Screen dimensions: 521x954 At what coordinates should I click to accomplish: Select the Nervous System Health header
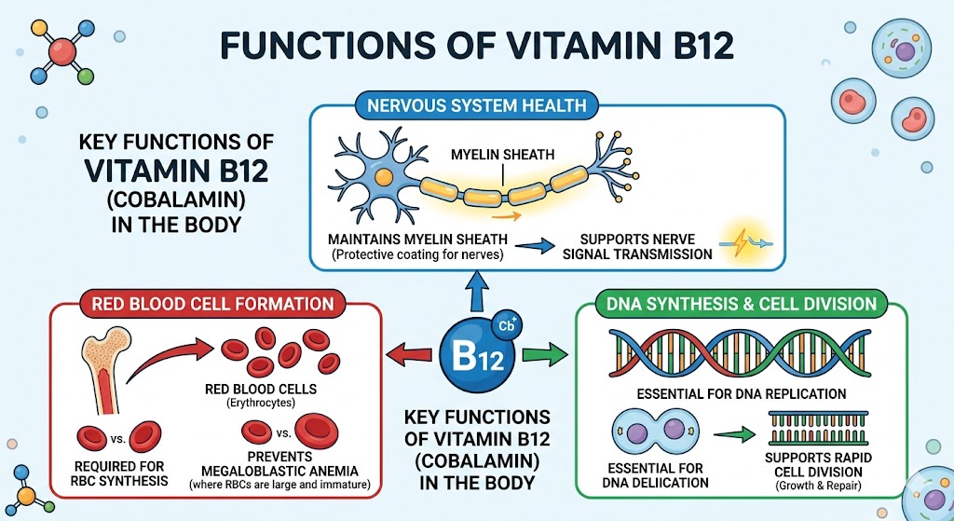pyautogui.click(x=478, y=106)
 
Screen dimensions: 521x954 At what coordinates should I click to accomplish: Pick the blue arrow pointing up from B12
pyautogui.click(x=478, y=296)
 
